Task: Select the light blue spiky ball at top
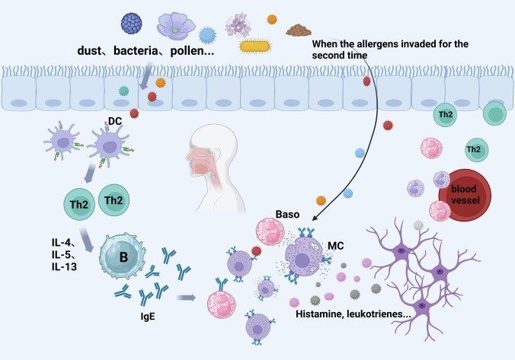click(208, 34)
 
